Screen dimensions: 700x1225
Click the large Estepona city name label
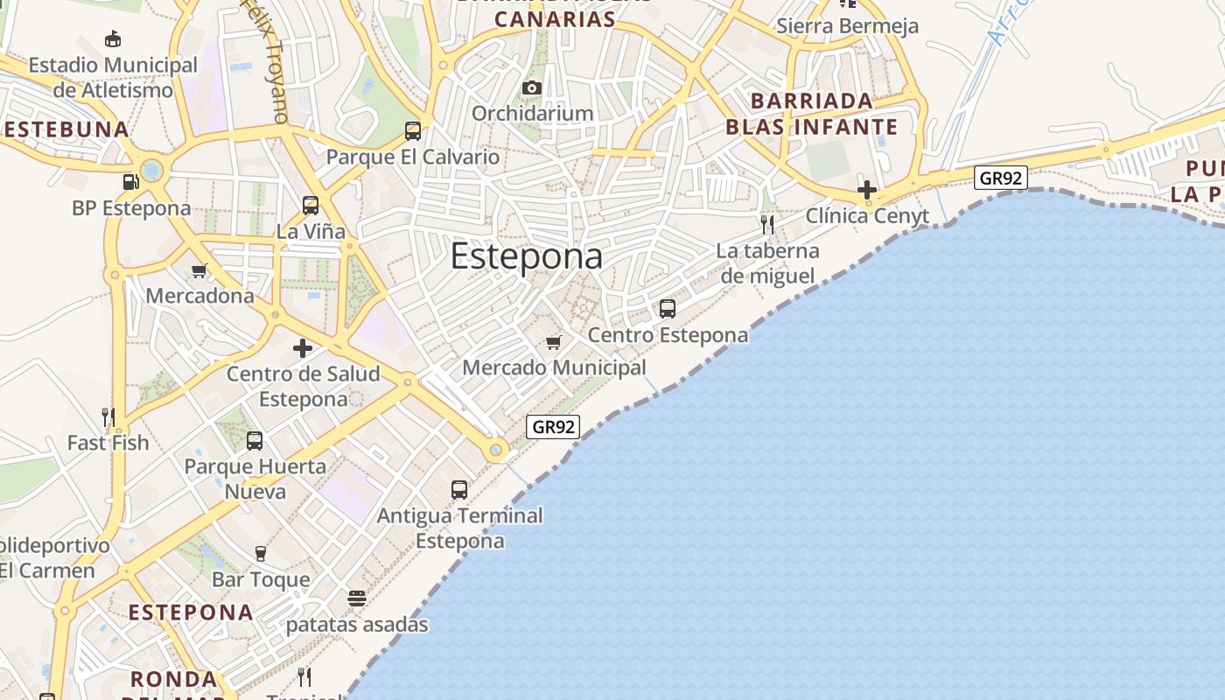coord(527,256)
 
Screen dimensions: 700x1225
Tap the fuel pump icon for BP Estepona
coord(130,182)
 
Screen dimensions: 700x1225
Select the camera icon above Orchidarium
coord(531,87)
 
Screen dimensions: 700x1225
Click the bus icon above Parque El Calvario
coord(413,131)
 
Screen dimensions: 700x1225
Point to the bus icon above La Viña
coord(311,206)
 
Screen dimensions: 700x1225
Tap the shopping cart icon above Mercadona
coord(199,270)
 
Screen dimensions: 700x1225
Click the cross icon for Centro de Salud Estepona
coord(303,348)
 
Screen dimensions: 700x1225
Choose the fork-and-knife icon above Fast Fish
coord(108,416)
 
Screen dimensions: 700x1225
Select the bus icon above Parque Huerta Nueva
coord(255,441)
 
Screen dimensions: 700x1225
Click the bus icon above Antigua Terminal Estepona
coord(459,490)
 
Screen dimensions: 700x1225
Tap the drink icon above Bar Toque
coord(260,553)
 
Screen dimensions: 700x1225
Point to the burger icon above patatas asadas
coord(356,598)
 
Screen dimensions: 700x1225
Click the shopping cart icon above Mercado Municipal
coord(553,342)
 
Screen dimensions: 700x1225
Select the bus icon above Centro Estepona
coord(668,309)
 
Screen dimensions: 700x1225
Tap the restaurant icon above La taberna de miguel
coord(767,225)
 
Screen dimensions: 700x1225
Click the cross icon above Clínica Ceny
coord(866,189)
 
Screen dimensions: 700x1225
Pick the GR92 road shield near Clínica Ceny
coord(1001,178)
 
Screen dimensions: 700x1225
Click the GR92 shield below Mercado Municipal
coord(553,427)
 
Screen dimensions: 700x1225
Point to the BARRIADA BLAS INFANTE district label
coord(811,114)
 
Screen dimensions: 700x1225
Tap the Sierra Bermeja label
coord(847,26)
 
